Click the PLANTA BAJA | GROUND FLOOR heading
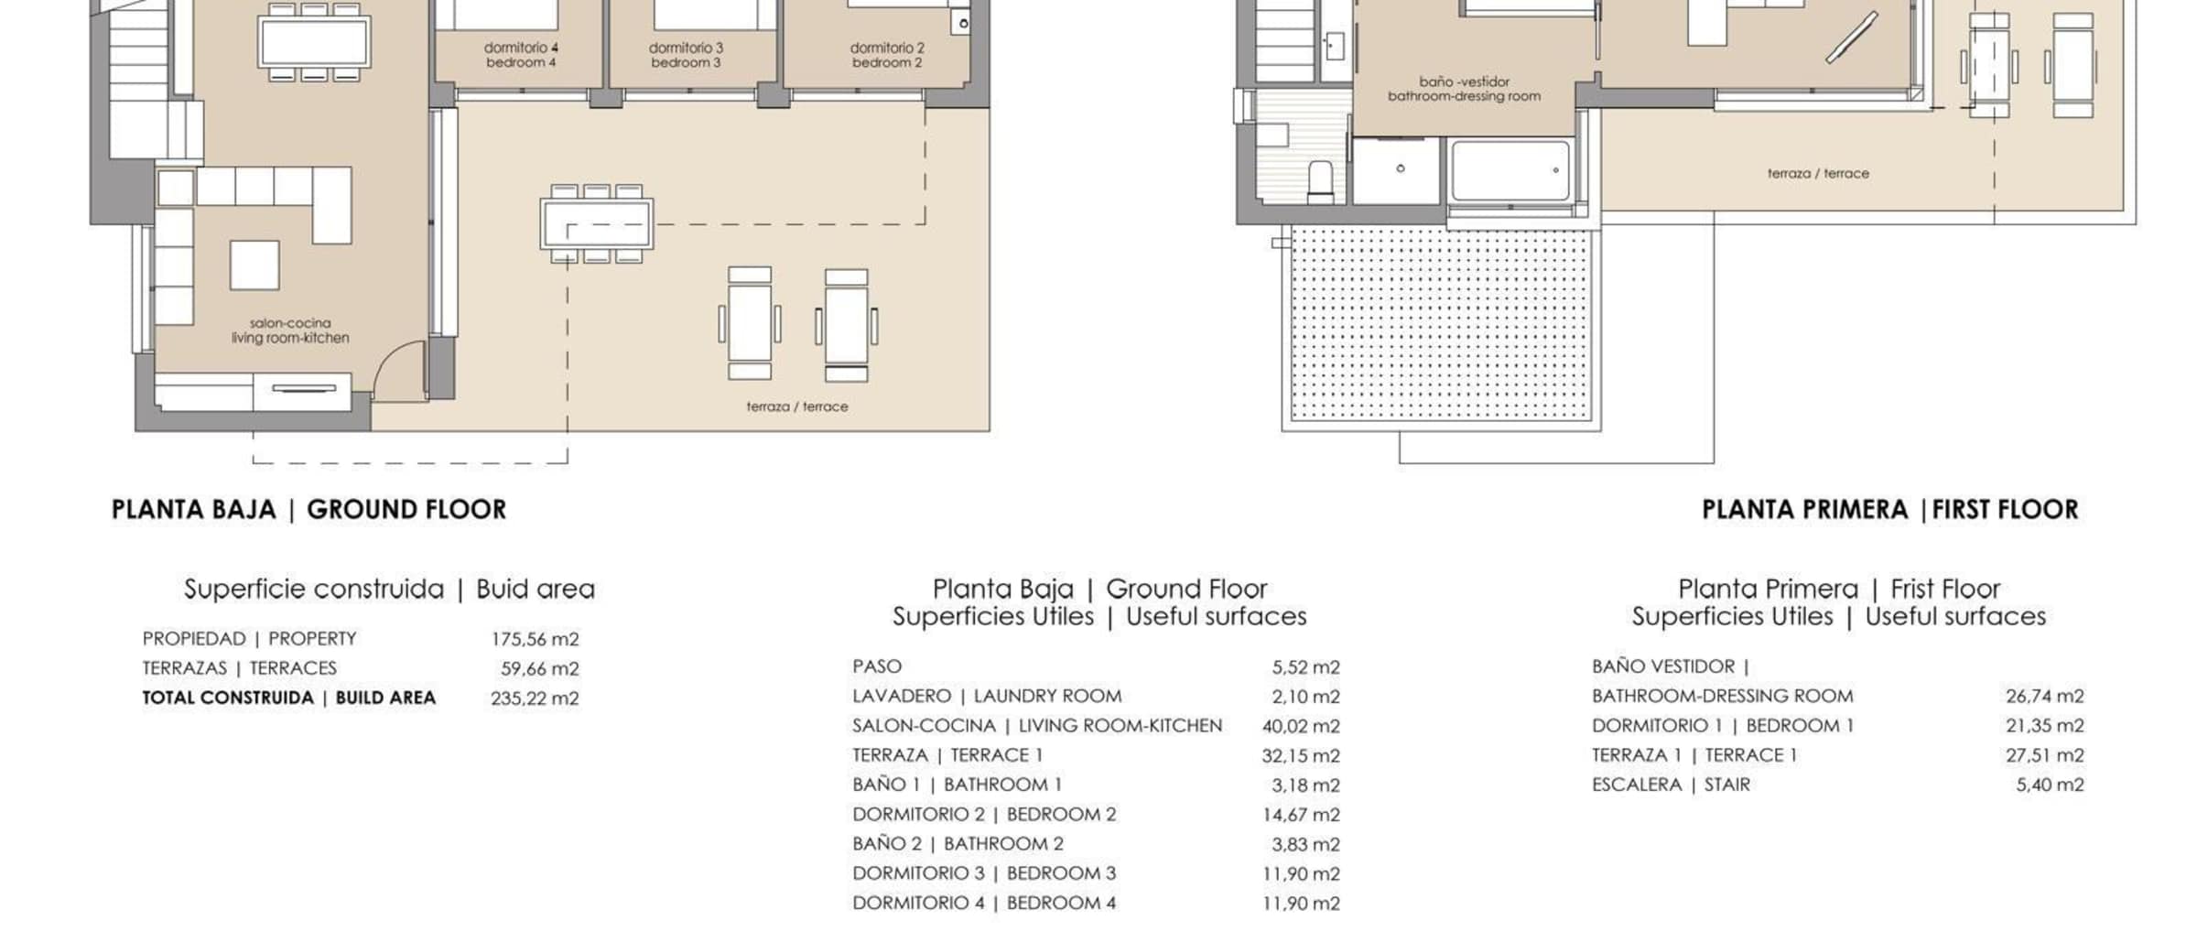point(308,510)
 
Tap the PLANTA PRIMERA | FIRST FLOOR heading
point(1890,510)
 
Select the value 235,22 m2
point(535,698)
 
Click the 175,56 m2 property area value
point(535,639)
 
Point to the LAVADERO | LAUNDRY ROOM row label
point(987,697)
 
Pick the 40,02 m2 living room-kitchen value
point(1301,727)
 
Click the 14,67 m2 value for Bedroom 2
point(1301,815)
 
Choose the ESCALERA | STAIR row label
point(1671,785)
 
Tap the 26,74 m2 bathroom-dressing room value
point(2045,697)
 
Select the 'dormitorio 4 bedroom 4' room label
point(521,55)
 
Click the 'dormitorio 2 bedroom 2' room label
point(887,55)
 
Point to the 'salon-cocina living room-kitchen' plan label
point(290,330)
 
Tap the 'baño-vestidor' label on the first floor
point(1464,81)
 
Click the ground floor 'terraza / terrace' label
point(797,406)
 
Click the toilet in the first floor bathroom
point(1320,182)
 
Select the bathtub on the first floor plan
point(1510,170)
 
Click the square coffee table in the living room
point(254,265)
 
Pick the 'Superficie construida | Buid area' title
point(389,589)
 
